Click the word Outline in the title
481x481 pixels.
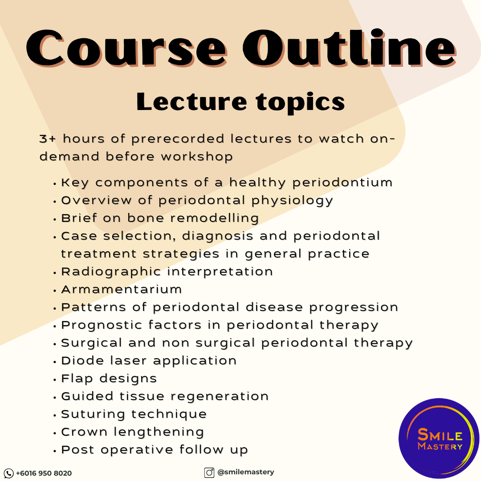[350, 47]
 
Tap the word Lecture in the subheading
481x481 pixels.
[192, 102]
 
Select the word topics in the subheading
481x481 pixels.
[301, 103]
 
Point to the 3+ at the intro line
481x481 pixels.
[48, 139]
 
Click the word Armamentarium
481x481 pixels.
[122, 289]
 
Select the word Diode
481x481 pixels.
[82, 360]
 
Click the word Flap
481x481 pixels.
[77, 379]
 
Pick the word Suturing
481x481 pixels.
[93, 415]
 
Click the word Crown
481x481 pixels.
[84, 432]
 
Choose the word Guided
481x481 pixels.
[87, 396]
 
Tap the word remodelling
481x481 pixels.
[215, 219]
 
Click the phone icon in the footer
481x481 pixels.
[8, 473]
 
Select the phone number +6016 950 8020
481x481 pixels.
[44, 473]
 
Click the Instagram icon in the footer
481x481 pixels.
[209, 473]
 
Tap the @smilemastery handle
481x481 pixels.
[246, 473]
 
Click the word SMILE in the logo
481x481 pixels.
[440, 435]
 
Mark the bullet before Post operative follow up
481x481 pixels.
[55, 451]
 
